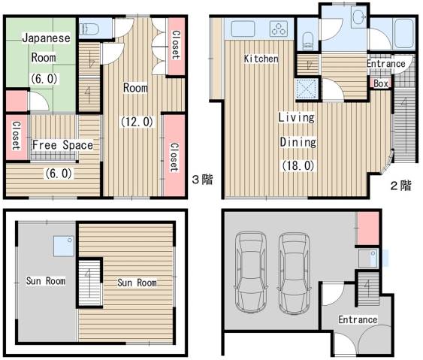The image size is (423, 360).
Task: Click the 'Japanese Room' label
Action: tap(45, 48)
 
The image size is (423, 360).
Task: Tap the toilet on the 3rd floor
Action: tap(89, 29)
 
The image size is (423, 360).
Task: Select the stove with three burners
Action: tap(279, 29)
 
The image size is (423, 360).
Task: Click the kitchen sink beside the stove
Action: tap(243, 29)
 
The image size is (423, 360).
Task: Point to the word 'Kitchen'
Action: tap(261, 59)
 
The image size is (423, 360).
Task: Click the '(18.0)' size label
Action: tap(298, 165)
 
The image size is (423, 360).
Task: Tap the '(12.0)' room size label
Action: tap(137, 122)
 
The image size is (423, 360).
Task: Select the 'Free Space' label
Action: tap(62, 145)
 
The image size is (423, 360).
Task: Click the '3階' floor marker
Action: tap(202, 180)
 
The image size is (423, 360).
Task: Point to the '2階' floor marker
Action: tap(401, 186)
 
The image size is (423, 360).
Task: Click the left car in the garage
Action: tap(251, 272)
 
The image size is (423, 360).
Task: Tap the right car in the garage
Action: tap(294, 274)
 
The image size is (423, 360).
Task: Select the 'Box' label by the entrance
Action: tap(381, 83)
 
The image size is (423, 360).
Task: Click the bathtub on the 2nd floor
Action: tap(403, 34)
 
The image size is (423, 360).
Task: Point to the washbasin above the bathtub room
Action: tap(359, 17)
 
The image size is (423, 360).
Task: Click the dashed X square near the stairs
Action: tap(307, 89)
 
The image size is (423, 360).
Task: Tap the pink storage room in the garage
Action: tap(368, 228)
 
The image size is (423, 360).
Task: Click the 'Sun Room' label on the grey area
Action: tap(46, 281)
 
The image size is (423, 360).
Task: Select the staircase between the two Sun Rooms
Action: tap(89, 283)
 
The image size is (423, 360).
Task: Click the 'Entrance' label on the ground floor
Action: tap(358, 319)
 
